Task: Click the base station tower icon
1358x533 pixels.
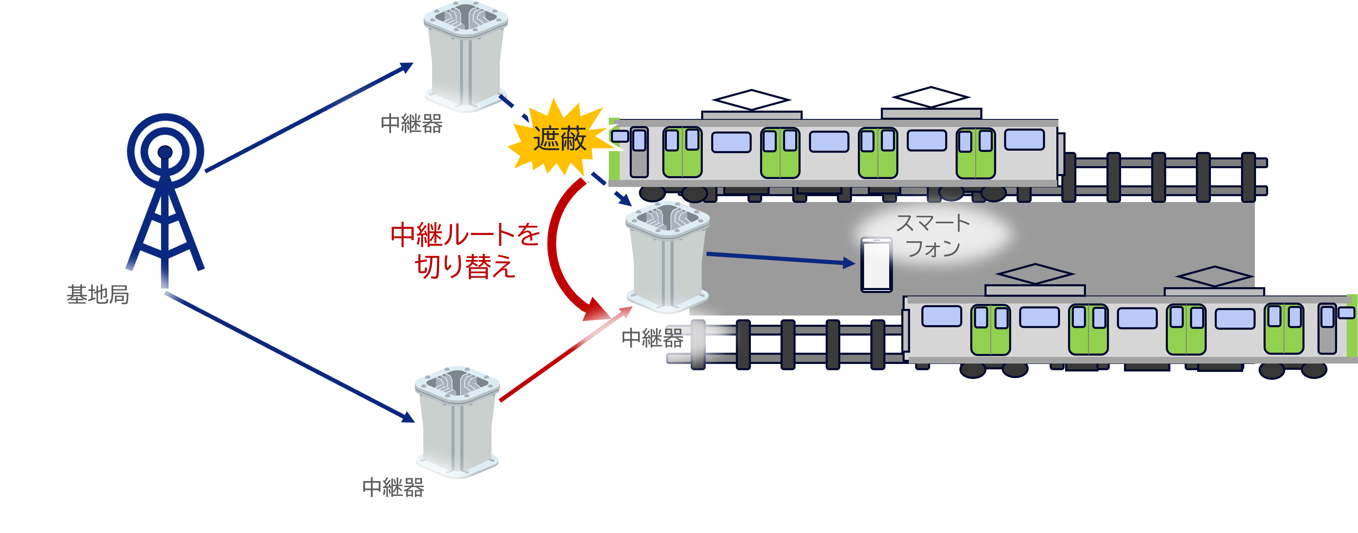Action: point(165,195)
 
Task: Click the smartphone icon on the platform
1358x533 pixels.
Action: point(876,264)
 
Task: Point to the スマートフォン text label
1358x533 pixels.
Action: point(933,236)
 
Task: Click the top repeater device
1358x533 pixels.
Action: point(465,55)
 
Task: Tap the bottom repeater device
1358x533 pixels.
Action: point(457,421)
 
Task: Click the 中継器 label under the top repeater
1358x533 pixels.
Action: point(412,124)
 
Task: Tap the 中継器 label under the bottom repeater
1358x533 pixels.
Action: point(393,488)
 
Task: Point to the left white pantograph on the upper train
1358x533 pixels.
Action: point(751,99)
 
